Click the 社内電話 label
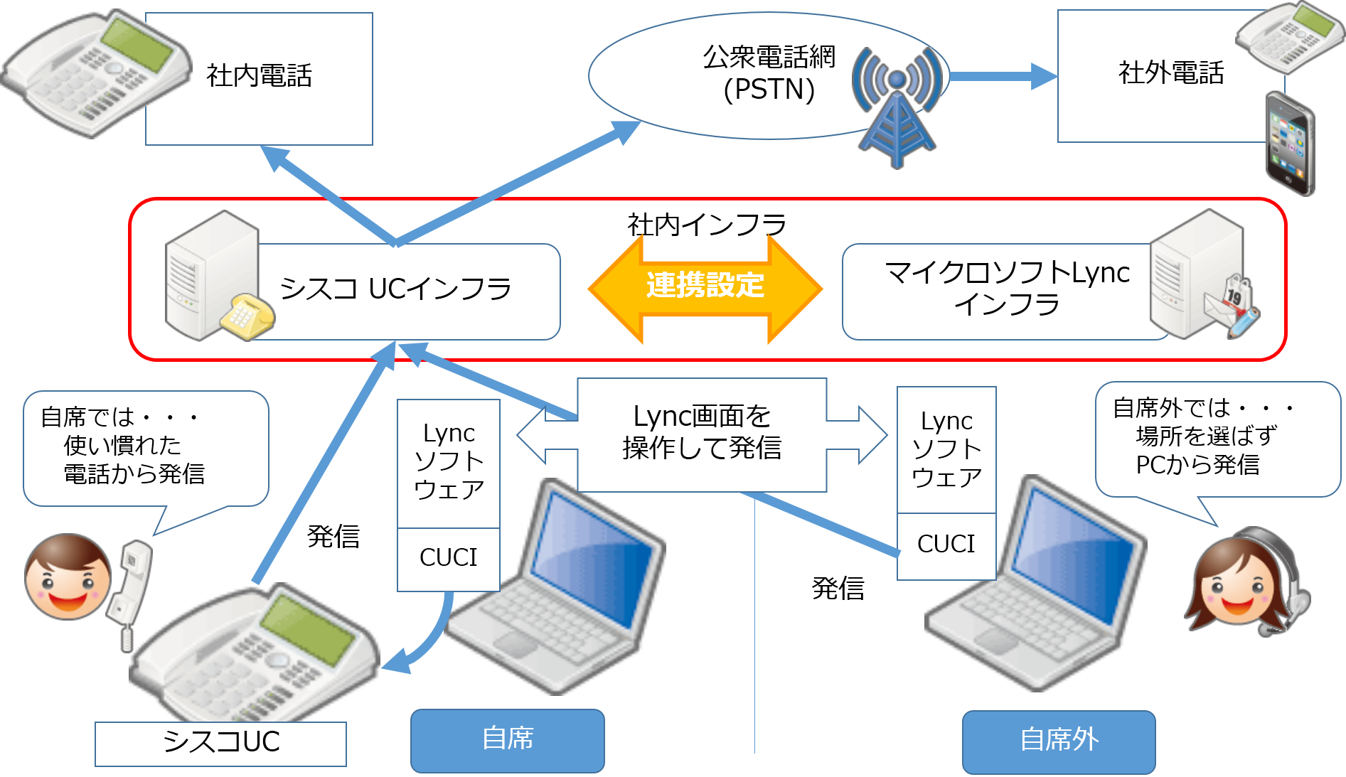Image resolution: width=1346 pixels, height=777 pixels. tap(260, 75)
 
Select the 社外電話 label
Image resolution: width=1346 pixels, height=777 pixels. tap(1171, 73)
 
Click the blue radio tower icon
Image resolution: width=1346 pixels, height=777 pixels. tap(897, 107)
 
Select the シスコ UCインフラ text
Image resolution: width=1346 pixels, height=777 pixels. tap(395, 289)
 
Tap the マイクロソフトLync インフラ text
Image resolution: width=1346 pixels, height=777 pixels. tap(1007, 288)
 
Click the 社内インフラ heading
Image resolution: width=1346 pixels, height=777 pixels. tap(706, 225)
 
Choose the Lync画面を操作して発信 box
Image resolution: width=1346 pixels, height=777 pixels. tap(702, 433)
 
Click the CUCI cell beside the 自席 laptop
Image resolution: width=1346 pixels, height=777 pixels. tap(448, 557)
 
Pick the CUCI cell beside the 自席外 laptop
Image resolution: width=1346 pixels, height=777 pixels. tap(946, 544)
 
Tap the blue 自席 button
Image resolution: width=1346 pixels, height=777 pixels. tap(507, 739)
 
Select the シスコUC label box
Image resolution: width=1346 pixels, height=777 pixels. tap(221, 742)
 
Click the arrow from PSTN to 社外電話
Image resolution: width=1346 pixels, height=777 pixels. tap(1003, 76)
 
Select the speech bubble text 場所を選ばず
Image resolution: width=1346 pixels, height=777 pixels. tap(1206, 436)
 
